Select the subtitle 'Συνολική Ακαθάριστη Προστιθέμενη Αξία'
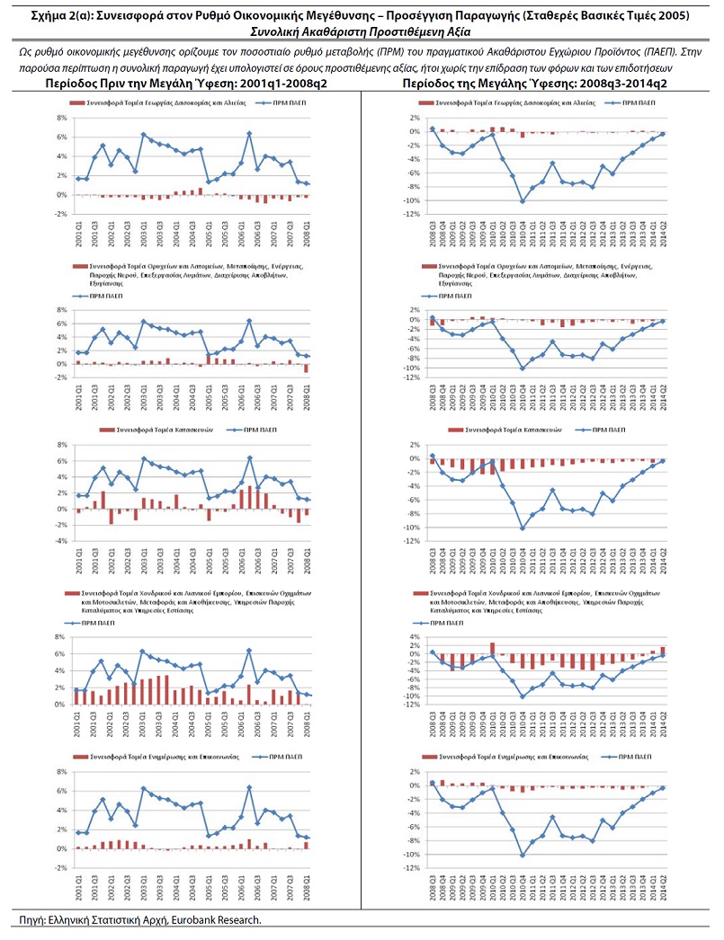pos(362,31)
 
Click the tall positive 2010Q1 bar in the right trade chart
pos(493,647)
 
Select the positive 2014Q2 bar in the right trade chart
pos(663,650)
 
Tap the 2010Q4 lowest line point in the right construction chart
pos(522,528)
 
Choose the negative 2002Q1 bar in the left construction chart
pos(112,517)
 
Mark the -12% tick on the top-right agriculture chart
pos(408,214)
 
